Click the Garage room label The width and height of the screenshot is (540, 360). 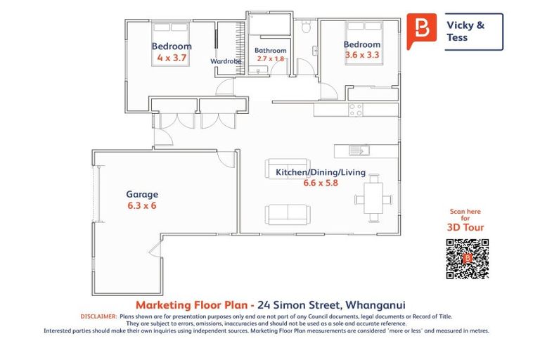[142, 194]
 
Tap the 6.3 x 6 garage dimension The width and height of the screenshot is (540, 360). [142, 206]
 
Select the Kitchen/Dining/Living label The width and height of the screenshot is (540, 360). [311, 172]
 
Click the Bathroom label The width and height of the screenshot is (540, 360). [271, 51]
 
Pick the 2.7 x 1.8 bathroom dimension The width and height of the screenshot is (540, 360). [271, 59]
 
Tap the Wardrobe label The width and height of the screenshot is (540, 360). [226, 61]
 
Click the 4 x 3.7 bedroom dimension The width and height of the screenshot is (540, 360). [171, 58]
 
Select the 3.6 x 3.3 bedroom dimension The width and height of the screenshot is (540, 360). [361, 55]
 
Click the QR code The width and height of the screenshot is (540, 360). [467, 259]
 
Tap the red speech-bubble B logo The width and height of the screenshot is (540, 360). [422, 30]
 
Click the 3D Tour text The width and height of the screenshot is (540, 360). [465, 227]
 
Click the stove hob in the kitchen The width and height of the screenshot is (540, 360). [355, 110]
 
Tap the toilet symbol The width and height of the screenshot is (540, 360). [305, 28]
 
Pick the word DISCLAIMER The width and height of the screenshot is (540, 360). [99, 317]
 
